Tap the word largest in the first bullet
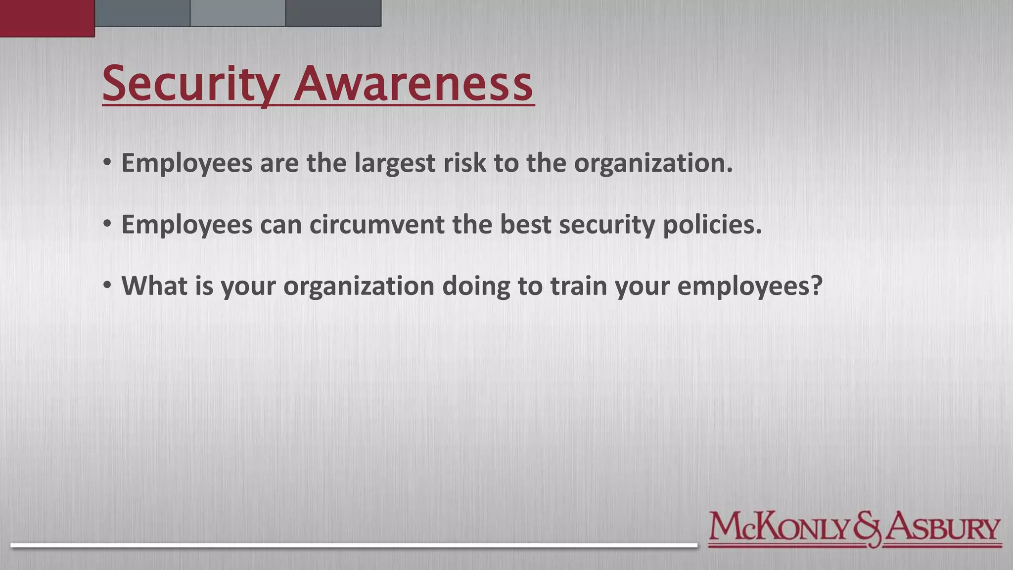click(395, 163)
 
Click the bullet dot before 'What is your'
click(107, 285)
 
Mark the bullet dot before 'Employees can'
click(107, 224)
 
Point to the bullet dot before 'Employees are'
click(107, 163)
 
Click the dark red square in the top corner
click(47, 18)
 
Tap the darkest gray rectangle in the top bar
click(333, 13)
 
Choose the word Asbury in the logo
click(942, 528)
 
